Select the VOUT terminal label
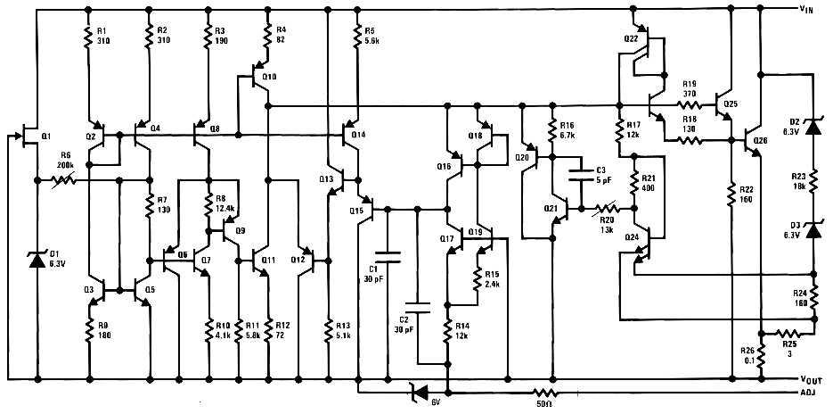(x=811, y=378)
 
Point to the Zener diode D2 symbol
(x=813, y=127)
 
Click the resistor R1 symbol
(x=89, y=36)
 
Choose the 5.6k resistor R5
(x=357, y=36)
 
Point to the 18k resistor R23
(x=813, y=180)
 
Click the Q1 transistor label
(x=46, y=136)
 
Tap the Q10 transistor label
(x=270, y=77)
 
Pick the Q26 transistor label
(x=759, y=141)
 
